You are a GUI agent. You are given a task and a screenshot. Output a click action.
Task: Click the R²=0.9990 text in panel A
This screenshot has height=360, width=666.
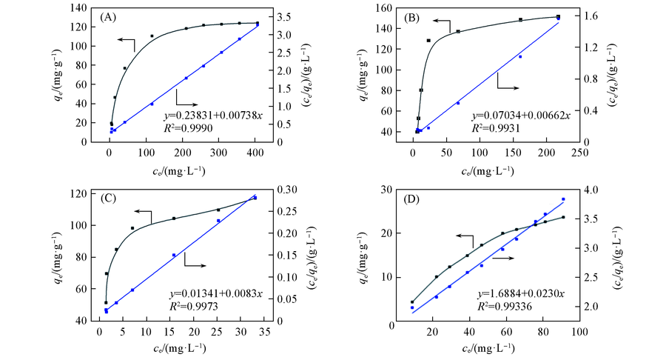[188, 127]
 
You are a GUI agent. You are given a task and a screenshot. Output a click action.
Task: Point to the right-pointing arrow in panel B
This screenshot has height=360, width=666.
[508, 87]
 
